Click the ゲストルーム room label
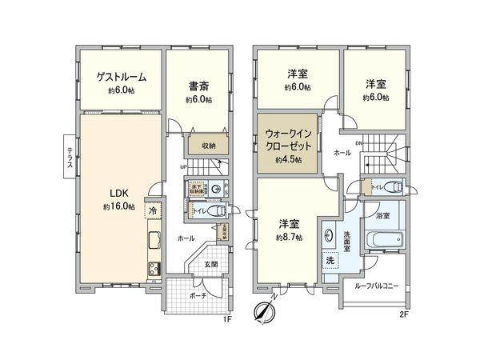click(121, 77)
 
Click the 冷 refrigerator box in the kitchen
click(152, 210)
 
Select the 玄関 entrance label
click(210, 263)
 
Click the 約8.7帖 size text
click(290, 237)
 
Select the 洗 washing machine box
click(330, 261)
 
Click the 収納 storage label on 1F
click(208, 146)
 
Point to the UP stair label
click(185, 166)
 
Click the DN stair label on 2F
click(359, 143)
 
